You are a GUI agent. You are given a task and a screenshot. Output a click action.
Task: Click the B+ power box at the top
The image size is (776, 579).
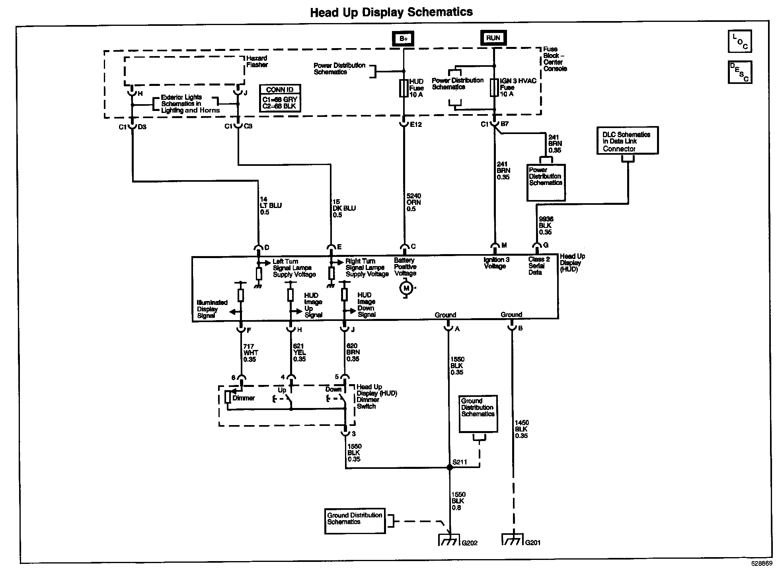coord(404,39)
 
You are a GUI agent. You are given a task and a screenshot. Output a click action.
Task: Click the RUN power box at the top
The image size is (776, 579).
coord(493,38)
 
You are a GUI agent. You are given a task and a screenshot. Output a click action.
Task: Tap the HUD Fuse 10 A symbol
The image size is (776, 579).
coord(404,88)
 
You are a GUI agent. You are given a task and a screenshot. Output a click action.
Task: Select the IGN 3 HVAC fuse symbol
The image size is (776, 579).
coord(494,87)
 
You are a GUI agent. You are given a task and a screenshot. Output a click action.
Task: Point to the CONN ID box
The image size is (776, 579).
coord(280,98)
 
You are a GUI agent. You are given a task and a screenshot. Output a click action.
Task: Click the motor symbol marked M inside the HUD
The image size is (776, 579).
coord(406,288)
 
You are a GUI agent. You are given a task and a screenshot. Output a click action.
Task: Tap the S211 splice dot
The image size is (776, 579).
coord(450,468)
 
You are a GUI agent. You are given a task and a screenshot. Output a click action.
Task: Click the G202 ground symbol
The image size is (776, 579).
coord(449,540)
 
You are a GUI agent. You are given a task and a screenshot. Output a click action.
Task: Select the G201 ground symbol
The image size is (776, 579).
coord(513,540)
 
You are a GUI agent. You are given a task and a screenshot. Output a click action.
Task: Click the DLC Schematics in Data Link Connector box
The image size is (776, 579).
coord(628,140)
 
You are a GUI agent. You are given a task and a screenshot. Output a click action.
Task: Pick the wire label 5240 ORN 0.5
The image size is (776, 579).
coord(414,202)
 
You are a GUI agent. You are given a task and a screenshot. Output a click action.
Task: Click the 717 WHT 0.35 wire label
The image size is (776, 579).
coord(250,353)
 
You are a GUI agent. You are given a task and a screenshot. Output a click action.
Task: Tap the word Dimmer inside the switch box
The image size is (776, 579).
coord(244,398)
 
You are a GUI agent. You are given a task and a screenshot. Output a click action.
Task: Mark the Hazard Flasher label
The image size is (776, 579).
coord(257,61)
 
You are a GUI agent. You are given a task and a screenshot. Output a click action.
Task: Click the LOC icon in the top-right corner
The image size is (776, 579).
coord(740,41)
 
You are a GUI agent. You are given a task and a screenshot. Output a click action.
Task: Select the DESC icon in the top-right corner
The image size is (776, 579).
coord(740,72)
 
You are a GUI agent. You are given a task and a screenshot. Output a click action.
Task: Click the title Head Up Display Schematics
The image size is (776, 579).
coord(392,12)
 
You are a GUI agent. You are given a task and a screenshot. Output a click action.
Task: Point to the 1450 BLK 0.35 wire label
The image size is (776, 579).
coord(522,429)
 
